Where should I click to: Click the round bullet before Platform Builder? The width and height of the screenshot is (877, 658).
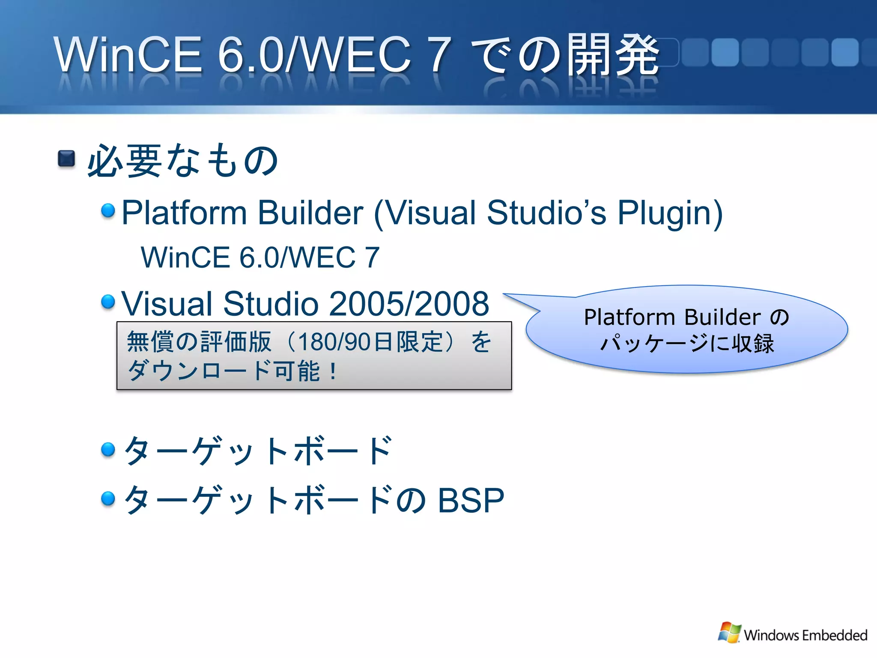pos(108,210)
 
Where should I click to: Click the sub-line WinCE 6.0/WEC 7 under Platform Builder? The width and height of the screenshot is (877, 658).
pos(260,257)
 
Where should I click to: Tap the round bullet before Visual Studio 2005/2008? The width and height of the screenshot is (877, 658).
pos(108,301)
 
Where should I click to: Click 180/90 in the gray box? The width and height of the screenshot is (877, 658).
pos(334,342)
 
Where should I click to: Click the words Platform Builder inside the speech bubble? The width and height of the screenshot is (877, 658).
pos(672,317)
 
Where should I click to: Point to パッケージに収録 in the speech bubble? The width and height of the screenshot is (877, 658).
pos(687,344)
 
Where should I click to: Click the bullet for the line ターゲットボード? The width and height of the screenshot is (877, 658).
pos(108,449)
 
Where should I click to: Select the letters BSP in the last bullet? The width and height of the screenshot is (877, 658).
pos(471,500)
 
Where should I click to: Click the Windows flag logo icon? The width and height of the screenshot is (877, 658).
pos(729,632)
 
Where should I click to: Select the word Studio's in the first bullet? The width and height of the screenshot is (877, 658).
pos(546,213)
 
